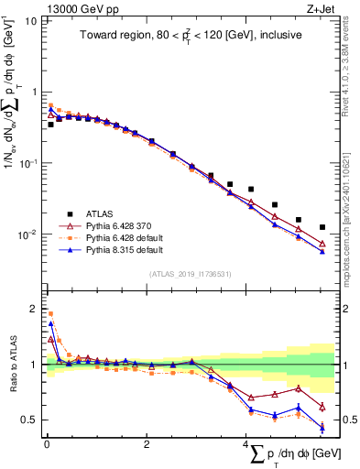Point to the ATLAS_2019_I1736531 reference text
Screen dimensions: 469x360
point(190,273)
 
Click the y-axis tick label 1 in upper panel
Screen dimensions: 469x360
point(33,92)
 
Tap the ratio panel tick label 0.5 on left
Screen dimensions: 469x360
point(29,420)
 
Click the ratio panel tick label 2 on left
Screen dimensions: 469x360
point(33,307)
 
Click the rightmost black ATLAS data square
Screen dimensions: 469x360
point(322,227)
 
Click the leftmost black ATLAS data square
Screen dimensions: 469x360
point(50,124)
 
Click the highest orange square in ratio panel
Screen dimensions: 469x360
point(50,313)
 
